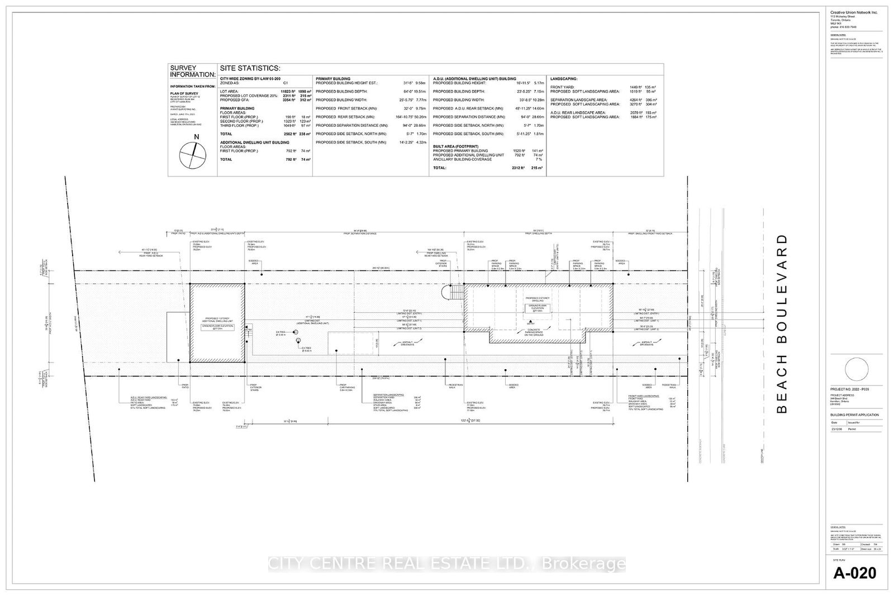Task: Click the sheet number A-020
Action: (x=855, y=573)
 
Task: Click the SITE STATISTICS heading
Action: (x=250, y=68)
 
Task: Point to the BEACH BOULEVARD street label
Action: (x=782, y=323)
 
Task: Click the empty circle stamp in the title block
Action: (x=857, y=370)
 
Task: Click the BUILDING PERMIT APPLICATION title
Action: (x=854, y=414)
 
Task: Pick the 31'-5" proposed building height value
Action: (x=410, y=83)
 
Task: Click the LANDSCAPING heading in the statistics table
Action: (x=564, y=79)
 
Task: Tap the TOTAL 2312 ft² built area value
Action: (x=523, y=168)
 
